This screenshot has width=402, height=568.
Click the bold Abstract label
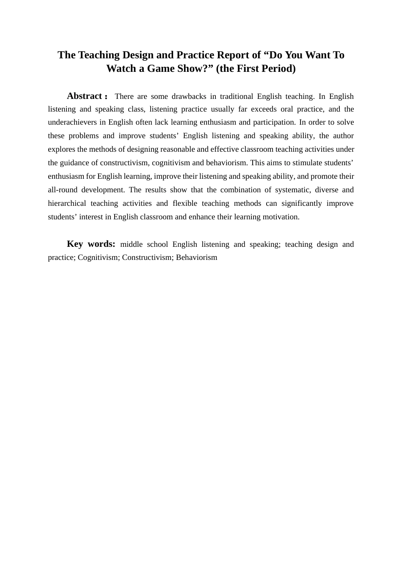click(x=85, y=96)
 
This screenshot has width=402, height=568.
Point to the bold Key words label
click(x=91, y=244)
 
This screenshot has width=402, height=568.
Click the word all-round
click(x=61, y=190)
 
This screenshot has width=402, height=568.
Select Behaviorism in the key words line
click(x=196, y=257)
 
